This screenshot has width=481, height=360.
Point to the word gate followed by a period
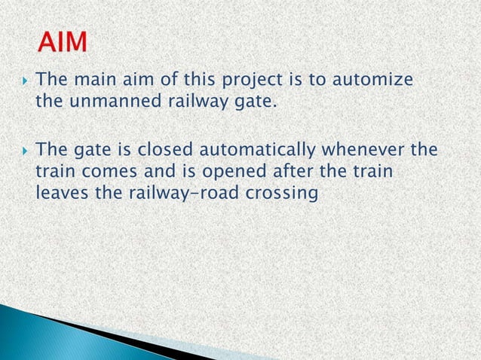(x=251, y=100)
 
